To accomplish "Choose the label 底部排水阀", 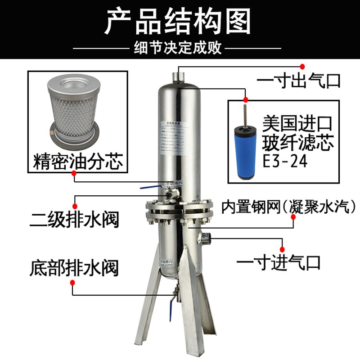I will [74, 268].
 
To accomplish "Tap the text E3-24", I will [285, 161].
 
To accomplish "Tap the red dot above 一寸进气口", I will [283, 249].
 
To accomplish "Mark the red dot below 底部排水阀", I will [73, 282].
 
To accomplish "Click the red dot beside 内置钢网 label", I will [293, 217].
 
